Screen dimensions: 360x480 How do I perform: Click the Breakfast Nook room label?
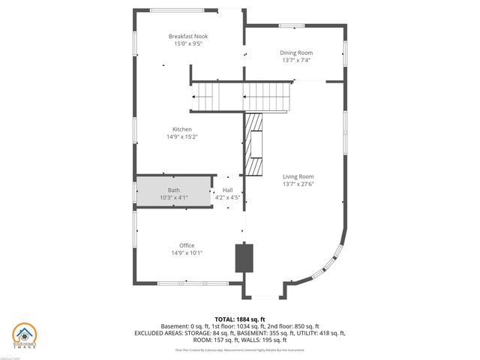pos(188,36)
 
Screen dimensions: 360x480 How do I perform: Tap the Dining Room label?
pos(296,52)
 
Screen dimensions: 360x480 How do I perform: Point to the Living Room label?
pos(298,176)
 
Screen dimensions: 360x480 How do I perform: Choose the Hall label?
pos(226,190)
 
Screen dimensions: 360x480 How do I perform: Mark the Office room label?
pos(187,245)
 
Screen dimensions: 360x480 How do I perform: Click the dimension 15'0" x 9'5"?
pos(188,44)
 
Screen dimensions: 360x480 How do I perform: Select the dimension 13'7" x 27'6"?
pos(298,184)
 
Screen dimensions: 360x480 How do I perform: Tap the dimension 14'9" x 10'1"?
pos(187,253)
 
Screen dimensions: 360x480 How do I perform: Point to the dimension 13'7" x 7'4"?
pos(296,60)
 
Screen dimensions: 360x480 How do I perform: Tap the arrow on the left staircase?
pos(197,97)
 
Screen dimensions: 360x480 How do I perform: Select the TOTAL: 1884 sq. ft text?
pos(239,319)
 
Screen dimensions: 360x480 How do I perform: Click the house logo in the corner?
pos(24,335)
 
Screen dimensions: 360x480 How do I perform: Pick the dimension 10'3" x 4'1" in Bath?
pos(173,197)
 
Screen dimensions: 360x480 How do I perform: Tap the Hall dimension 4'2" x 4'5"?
pos(226,197)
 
